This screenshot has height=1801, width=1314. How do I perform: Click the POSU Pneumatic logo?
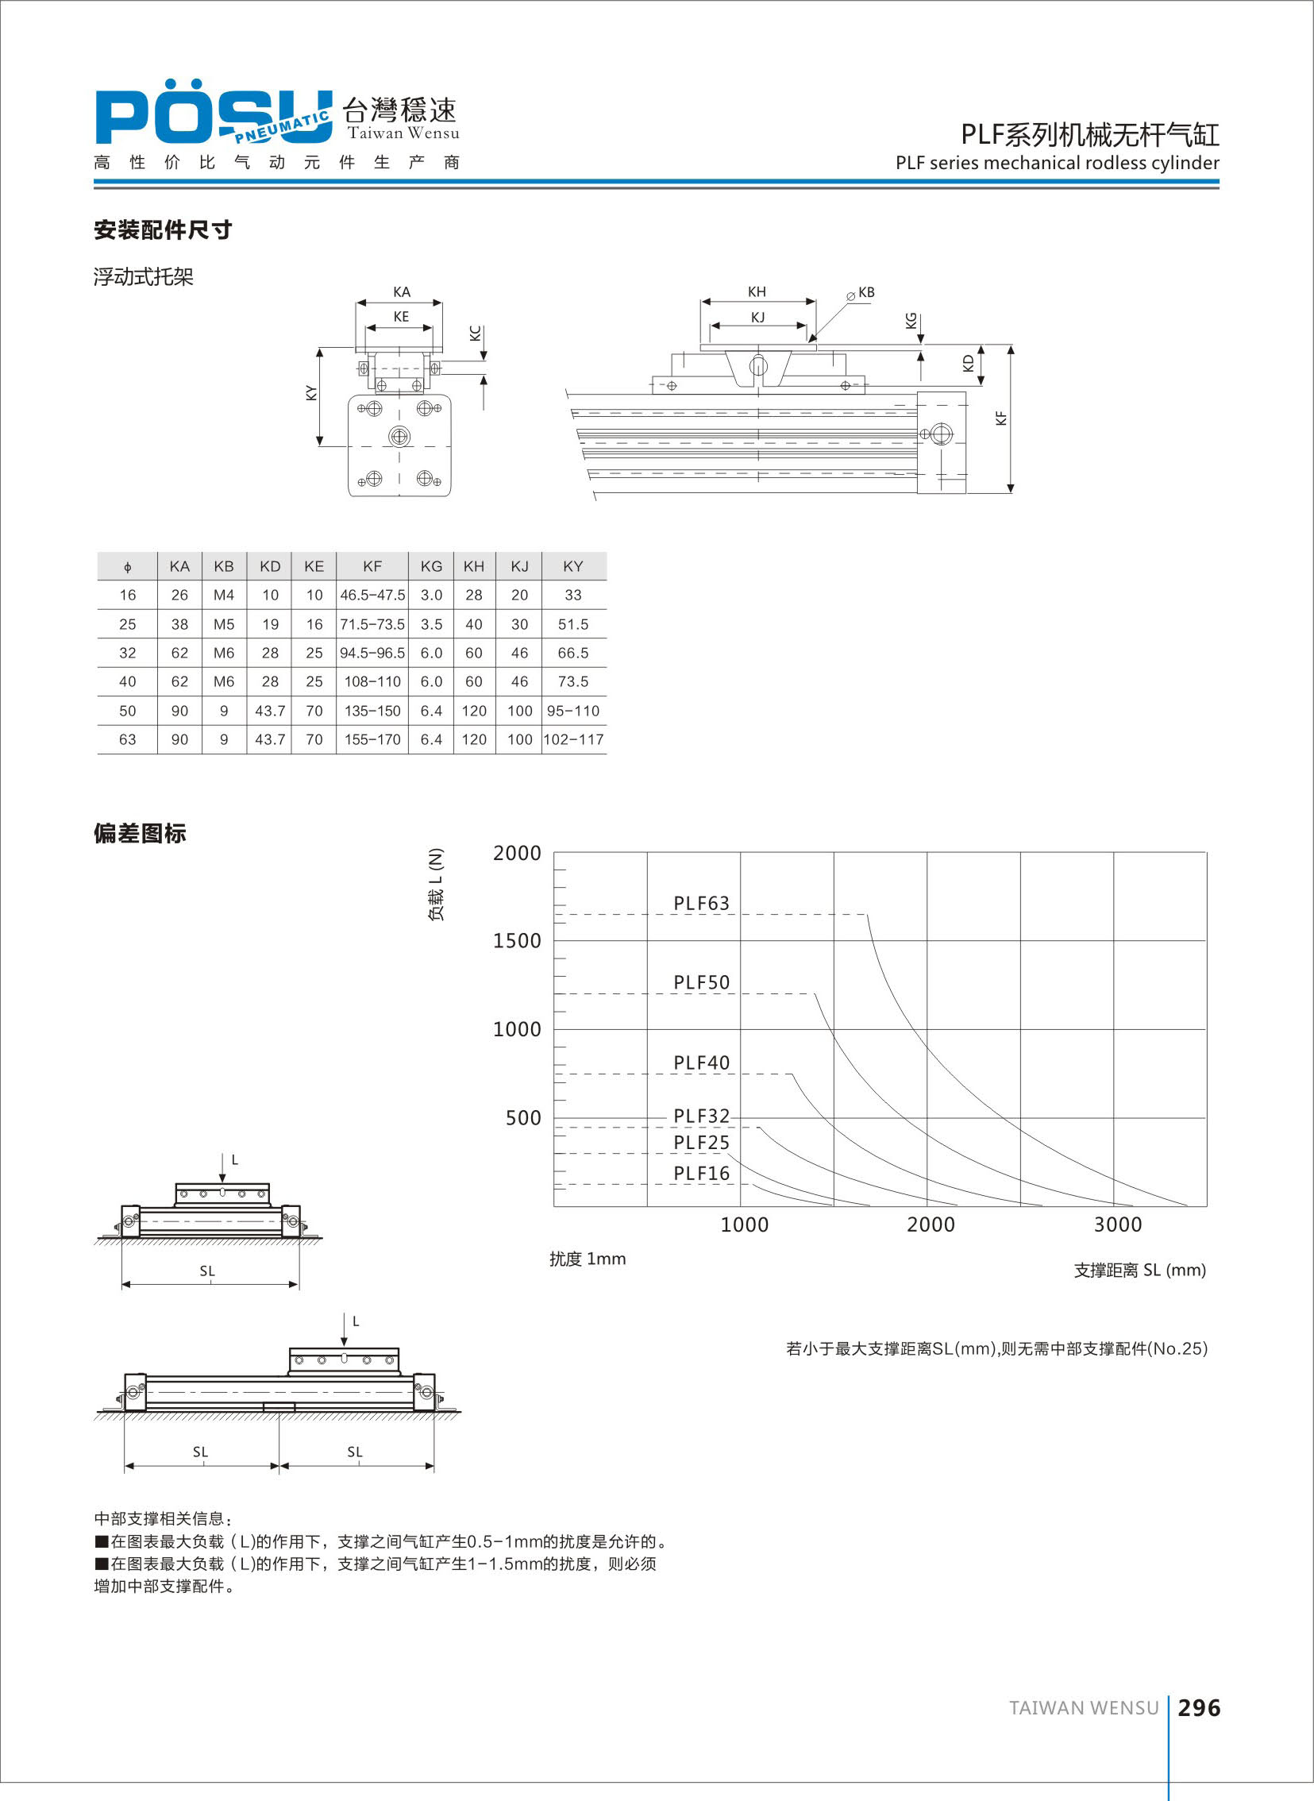(x=213, y=117)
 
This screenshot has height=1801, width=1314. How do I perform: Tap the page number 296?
(x=1199, y=1708)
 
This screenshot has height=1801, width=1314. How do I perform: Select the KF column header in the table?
(x=372, y=566)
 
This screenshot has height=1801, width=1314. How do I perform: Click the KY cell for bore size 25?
(x=572, y=624)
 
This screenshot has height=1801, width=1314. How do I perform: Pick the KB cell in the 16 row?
(x=224, y=595)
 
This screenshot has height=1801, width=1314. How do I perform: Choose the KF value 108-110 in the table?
(x=372, y=682)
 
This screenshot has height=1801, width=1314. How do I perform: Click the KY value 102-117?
(x=573, y=740)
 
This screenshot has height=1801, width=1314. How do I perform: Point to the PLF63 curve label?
(x=701, y=904)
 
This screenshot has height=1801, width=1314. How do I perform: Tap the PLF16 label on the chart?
(x=701, y=1174)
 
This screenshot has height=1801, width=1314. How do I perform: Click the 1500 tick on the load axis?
(x=517, y=941)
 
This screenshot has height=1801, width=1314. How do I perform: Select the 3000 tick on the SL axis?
(x=1118, y=1225)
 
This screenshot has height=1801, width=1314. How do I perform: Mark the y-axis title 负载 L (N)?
(x=436, y=885)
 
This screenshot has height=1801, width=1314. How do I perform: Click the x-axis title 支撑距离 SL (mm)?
(x=1140, y=1271)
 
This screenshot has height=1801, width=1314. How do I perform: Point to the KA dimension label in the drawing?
(x=402, y=292)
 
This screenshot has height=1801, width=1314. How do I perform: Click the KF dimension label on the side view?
(x=1001, y=418)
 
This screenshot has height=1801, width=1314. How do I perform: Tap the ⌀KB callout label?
(x=861, y=293)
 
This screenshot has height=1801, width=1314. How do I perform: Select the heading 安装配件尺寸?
(x=163, y=230)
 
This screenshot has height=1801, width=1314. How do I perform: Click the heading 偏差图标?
(x=140, y=834)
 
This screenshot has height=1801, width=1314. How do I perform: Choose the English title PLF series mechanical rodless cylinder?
(x=1057, y=163)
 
